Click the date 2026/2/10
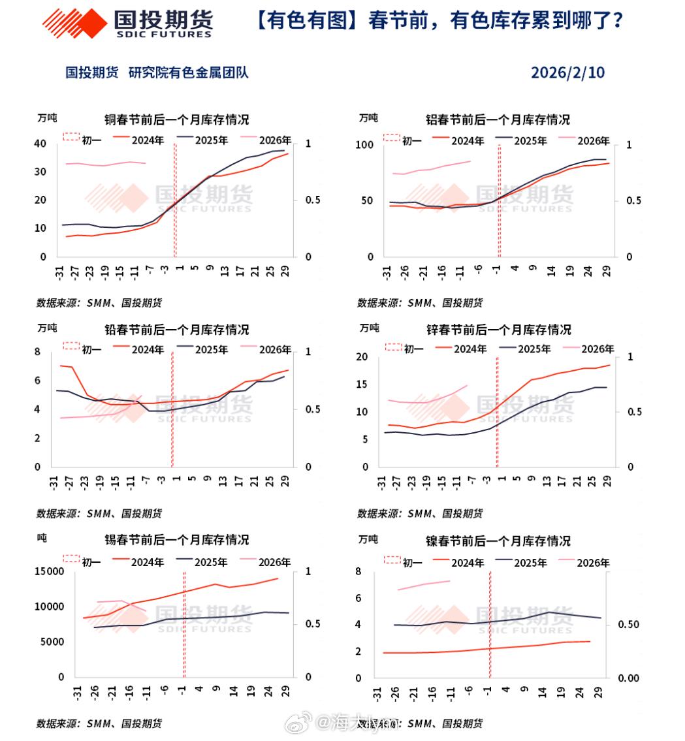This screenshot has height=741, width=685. point(567,72)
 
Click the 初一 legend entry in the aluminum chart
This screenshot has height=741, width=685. point(401,140)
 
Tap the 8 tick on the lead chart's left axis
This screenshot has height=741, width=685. point(37,353)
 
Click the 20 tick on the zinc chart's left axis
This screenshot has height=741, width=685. point(364,357)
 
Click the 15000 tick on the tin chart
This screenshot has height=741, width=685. point(48,572)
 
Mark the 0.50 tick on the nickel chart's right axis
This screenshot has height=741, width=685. point(631,625)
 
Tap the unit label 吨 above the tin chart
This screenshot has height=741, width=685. point(42,539)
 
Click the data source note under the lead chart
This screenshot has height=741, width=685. point(99,514)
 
